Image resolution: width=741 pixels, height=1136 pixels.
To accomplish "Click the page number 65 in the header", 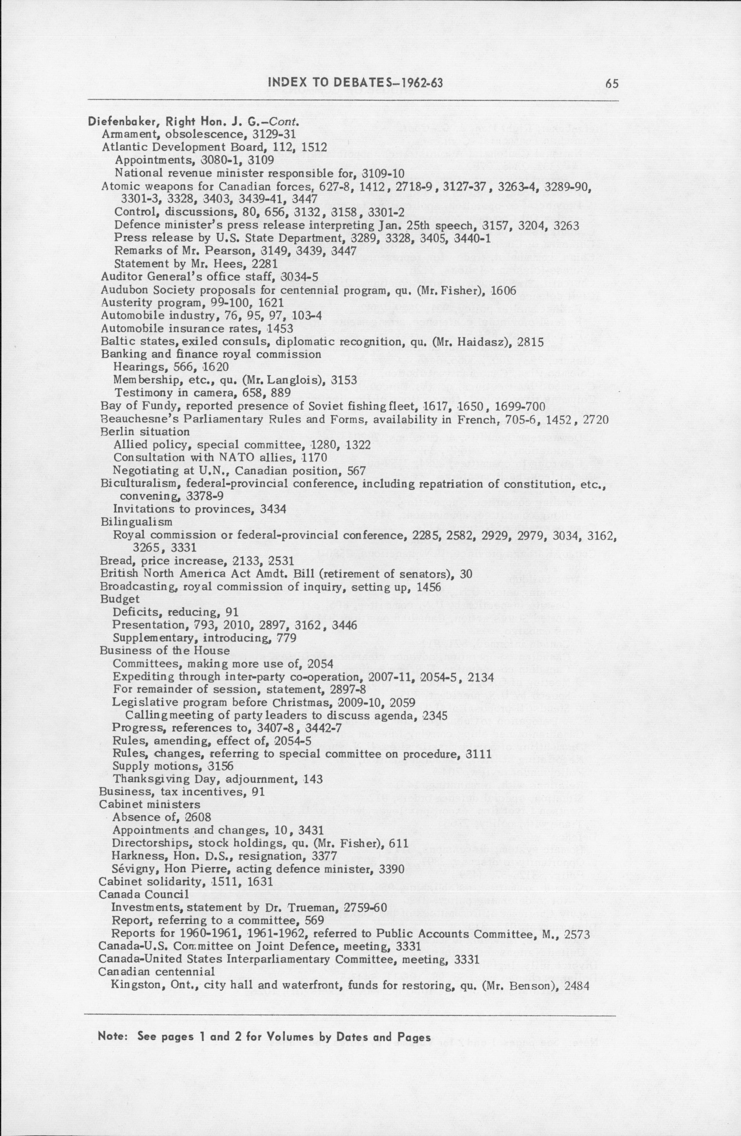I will [x=611, y=84].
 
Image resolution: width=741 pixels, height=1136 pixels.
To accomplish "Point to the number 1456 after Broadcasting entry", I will [x=429, y=587].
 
